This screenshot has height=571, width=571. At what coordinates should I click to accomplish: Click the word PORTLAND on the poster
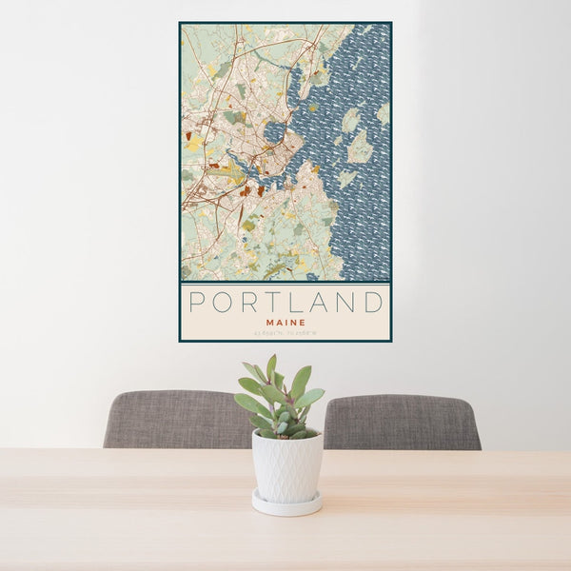click(x=285, y=303)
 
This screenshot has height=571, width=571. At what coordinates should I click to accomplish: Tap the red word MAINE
click(x=285, y=322)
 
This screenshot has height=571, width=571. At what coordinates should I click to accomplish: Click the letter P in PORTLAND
click(x=197, y=303)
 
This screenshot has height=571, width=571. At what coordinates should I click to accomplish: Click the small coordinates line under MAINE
click(x=285, y=332)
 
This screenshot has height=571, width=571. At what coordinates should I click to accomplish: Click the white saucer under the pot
click(x=286, y=503)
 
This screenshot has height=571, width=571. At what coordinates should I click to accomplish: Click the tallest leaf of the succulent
click(x=271, y=367)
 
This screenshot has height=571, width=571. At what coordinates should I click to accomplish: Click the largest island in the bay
click(x=359, y=147)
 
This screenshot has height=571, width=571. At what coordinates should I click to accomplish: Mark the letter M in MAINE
click(x=270, y=322)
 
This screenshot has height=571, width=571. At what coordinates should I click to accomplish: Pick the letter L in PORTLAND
click(x=296, y=303)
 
